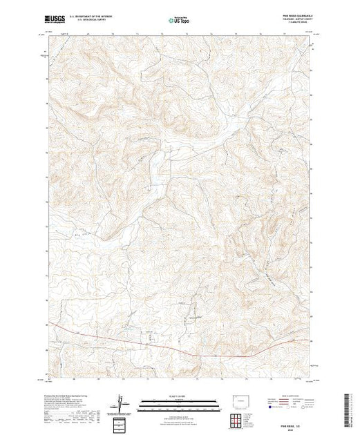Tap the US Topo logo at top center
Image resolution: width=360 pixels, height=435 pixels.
click(x=179, y=21)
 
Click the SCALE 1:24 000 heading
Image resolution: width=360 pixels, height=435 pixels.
click(x=179, y=397)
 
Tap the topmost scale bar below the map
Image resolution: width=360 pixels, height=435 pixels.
click(x=179, y=401)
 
